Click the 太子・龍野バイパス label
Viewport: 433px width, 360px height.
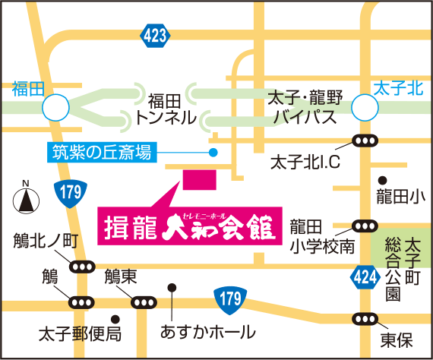(x=305, y=109)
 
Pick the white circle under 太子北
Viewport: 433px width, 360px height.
(x=366, y=106)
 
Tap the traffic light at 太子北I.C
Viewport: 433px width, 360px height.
(x=365, y=141)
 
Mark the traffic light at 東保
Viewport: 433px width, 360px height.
(x=365, y=319)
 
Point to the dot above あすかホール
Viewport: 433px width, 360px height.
(x=172, y=287)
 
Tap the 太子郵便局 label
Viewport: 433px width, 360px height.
(x=81, y=333)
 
